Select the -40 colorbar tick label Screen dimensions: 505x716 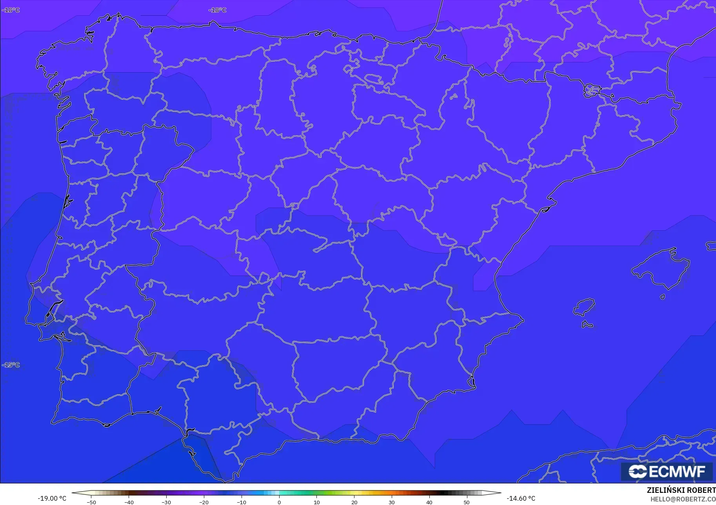[x=129, y=502]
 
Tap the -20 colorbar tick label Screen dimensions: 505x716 [x=204, y=502]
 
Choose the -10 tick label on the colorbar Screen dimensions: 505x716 [x=241, y=502]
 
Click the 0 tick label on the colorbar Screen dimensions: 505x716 [x=279, y=502]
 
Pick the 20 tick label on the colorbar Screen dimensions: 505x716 [x=354, y=502]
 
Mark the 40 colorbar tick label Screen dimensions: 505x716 [x=429, y=502]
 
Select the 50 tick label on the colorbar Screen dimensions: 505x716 [x=467, y=502]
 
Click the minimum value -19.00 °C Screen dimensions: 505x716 [x=52, y=498]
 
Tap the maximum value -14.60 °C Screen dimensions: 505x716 [x=521, y=498]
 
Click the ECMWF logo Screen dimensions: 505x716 [x=667, y=471]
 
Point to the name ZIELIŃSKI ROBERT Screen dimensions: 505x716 [x=681, y=490]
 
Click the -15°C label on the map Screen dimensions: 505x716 [x=11, y=365]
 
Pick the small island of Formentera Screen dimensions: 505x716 [x=587, y=325]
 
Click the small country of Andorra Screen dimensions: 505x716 [x=591, y=91]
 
